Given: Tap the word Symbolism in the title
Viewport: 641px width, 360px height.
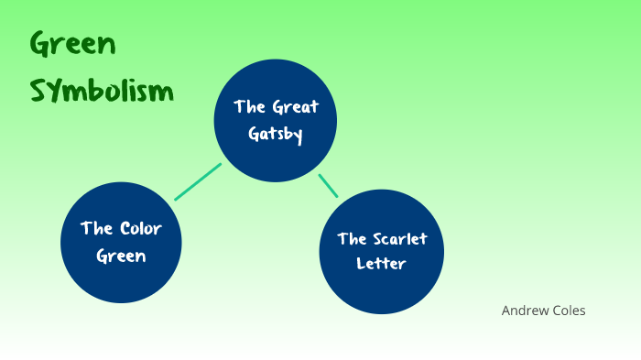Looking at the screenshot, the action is tap(102, 90).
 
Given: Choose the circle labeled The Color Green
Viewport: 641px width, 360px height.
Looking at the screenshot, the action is tap(121, 242).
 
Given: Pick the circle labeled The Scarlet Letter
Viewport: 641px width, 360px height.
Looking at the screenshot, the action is tap(380, 252).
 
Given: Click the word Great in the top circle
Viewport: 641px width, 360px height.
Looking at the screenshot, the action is tap(295, 107).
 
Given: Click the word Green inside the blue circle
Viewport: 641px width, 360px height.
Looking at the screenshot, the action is tap(121, 255).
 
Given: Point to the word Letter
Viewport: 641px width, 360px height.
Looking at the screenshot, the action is tap(381, 264).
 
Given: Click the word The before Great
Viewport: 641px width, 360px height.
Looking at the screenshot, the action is tap(250, 107).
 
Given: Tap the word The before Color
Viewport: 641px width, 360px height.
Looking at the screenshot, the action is tap(96, 228).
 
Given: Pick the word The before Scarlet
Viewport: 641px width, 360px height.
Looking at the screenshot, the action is tap(353, 239).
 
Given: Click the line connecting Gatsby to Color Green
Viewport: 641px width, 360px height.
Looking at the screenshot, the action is tap(198, 181).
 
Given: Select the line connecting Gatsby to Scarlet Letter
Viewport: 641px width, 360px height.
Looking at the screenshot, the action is tap(328, 185).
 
